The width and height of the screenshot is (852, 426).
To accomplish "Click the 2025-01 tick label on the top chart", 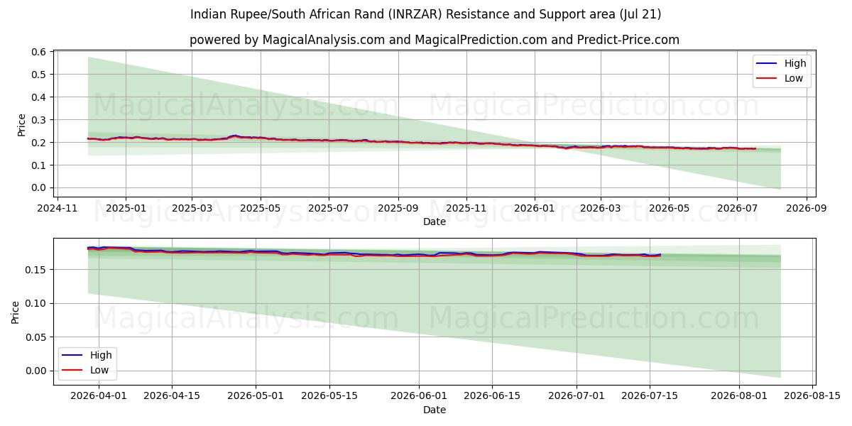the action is pyautogui.click(x=126, y=209).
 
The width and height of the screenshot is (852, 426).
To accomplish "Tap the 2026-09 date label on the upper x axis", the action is pyautogui.click(x=807, y=209).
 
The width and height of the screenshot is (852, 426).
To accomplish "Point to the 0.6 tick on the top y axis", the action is pyautogui.click(x=38, y=52).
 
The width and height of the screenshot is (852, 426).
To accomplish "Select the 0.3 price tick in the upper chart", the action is pyautogui.click(x=38, y=120).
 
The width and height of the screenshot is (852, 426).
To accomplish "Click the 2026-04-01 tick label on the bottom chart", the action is pyautogui.click(x=99, y=396).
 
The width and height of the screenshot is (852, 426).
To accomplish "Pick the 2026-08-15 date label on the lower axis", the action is pyautogui.click(x=812, y=396).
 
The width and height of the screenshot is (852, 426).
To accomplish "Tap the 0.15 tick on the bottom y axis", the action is pyautogui.click(x=35, y=270).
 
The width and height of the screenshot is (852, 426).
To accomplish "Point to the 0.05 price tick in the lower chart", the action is pyautogui.click(x=35, y=337).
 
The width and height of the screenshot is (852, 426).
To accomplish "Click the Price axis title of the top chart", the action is pyautogui.click(x=21, y=125).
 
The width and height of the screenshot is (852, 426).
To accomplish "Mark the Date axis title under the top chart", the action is pyautogui.click(x=435, y=222).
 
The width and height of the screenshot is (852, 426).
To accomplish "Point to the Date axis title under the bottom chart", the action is pyautogui.click(x=435, y=410).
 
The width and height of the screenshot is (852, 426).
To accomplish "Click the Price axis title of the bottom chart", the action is pyautogui.click(x=15, y=312).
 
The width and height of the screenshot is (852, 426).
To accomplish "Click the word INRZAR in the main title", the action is pyautogui.click(x=417, y=14).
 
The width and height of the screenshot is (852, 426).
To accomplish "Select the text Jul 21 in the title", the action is pyautogui.click(x=640, y=14).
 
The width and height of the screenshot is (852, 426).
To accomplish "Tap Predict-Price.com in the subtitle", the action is pyautogui.click(x=628, y=40).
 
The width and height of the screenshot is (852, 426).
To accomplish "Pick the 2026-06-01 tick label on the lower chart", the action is pyautogui.click(x=419, y=396).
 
